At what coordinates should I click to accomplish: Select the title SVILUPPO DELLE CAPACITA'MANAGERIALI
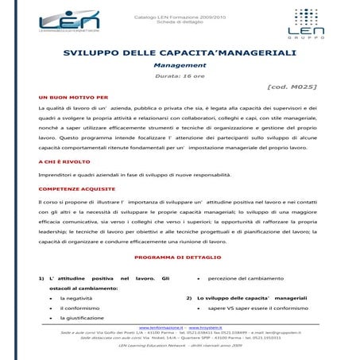(x=180, y=53)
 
